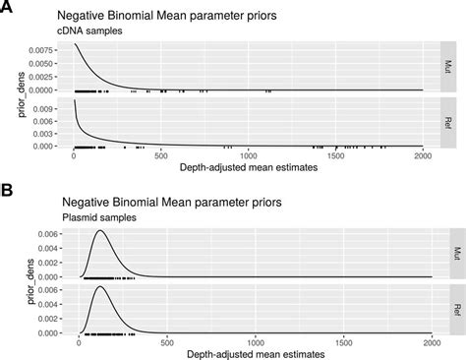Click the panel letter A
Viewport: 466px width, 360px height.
click(x=7, y=8)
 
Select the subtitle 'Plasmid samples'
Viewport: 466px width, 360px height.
click(x=95, y=217)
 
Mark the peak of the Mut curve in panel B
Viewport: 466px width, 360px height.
click(x=99, y=231)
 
